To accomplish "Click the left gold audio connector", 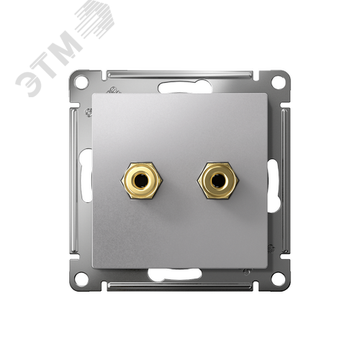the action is coord(142,181).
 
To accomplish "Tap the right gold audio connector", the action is coord(217,181).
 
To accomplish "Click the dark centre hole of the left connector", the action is coord(141,181).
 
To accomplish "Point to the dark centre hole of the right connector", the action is coord(217,181).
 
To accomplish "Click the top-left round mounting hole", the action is coord(81,82).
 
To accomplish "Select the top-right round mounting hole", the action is coord(279,82).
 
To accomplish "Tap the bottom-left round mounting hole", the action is coord(81,279).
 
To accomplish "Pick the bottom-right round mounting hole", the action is coord(279,279).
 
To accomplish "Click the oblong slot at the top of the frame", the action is coord(185,87).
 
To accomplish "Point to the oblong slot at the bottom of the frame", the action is coord(175,274).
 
